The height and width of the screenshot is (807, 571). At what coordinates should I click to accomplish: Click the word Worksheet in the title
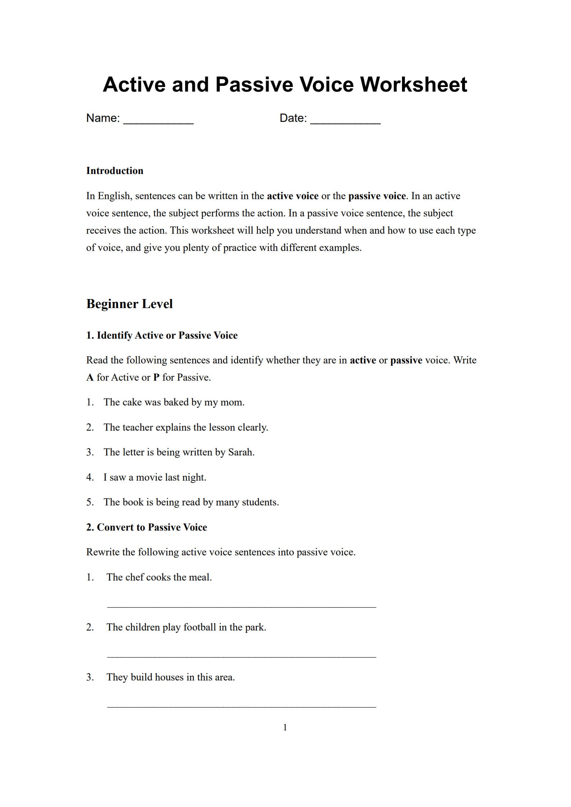coord(413,85)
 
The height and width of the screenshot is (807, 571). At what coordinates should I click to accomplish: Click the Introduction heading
coord(115,171)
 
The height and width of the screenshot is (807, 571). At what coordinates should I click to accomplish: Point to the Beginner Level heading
coord(129,304)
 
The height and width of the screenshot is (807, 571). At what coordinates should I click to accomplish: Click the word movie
coord(149,477)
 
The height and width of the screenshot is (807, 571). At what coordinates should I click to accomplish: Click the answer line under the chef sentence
coord(241,607)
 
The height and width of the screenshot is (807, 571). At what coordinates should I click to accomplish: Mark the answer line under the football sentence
coord(241,657)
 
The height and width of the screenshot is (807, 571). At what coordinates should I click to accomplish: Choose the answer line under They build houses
coord(241,707)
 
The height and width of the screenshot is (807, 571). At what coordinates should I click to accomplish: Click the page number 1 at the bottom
coord(285,728)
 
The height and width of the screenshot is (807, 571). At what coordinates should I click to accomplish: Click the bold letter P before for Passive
coord(156,377)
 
